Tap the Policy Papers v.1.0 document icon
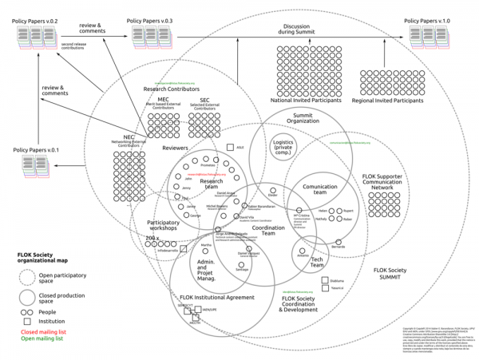(427, 34)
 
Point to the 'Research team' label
(211, 183)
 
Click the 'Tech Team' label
(317, 259)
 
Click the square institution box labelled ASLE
(230, 148)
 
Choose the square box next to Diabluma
(323, 280)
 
